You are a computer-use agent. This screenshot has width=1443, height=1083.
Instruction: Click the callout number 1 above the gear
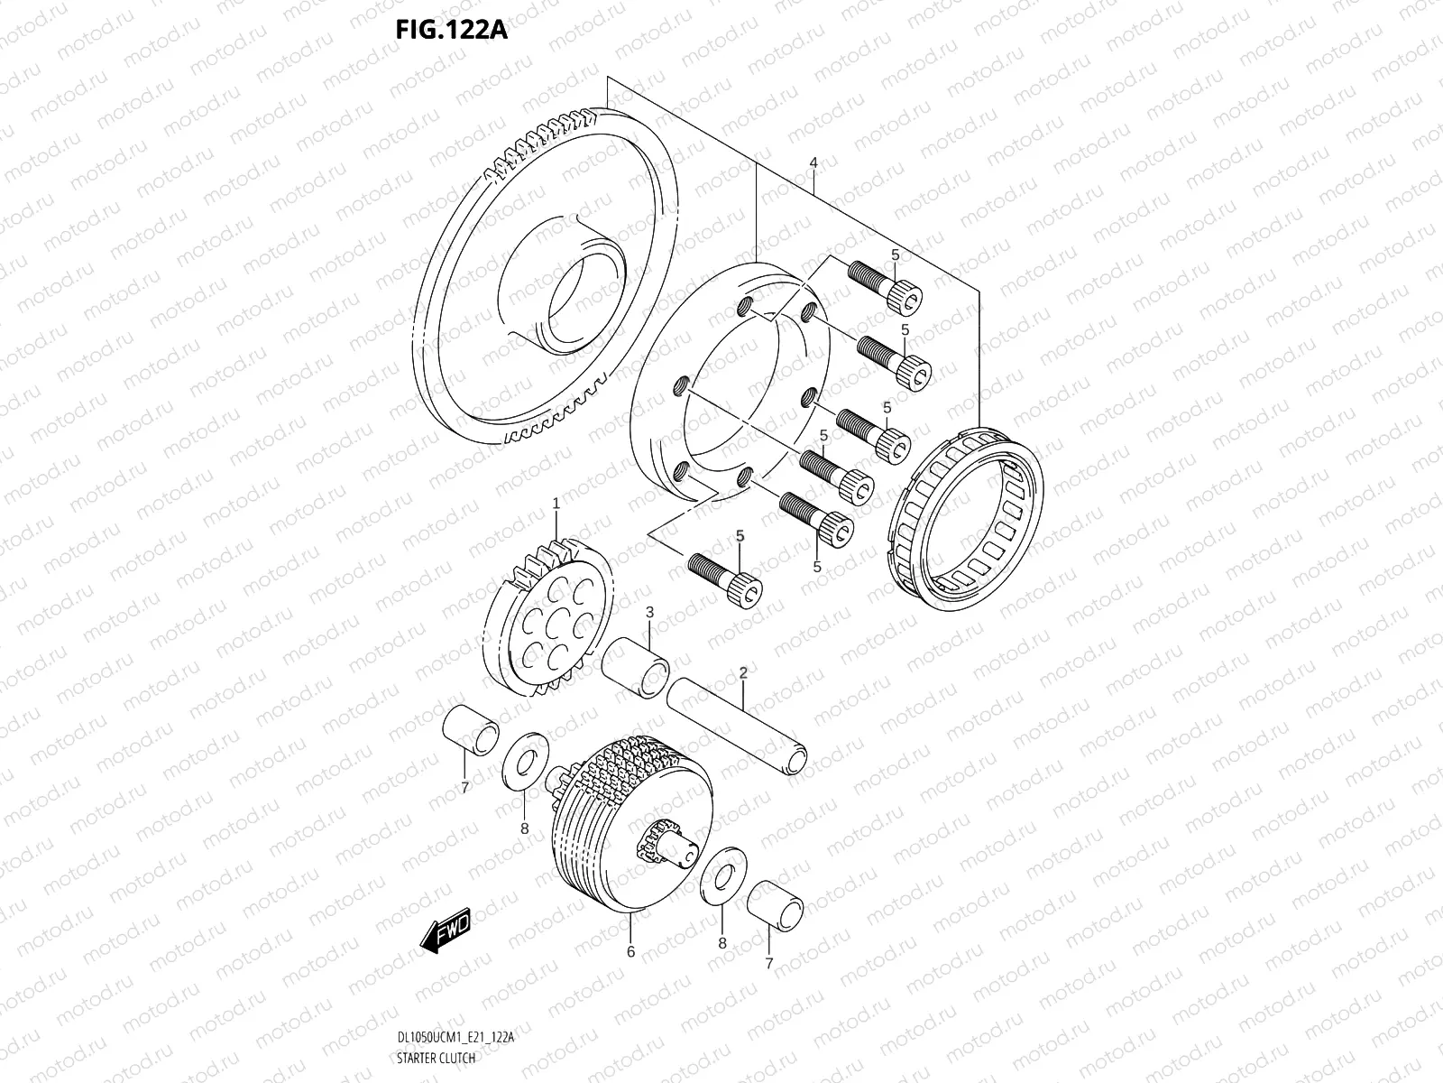click(x=556, y=503)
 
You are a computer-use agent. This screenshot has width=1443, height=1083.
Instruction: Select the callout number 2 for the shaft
click(x=743, y=672)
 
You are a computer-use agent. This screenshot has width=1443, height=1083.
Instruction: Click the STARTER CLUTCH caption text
click(x=436, y=1058)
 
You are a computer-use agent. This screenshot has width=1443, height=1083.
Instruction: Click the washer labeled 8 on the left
click(x=520, y=760)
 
